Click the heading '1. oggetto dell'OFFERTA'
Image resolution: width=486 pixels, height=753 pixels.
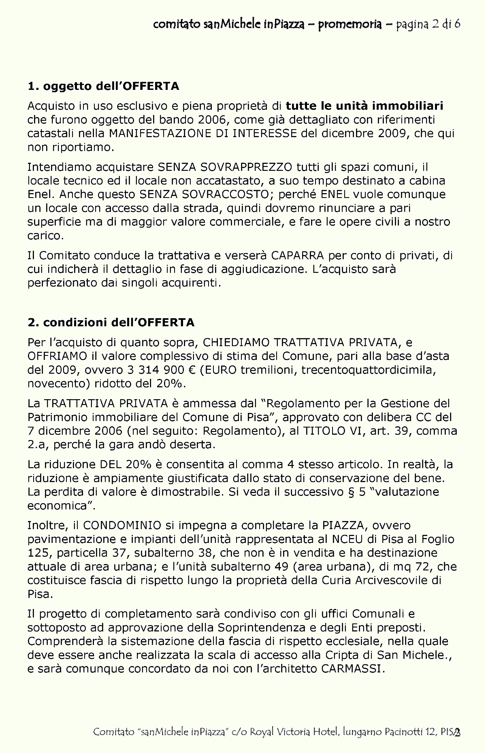(103, 86)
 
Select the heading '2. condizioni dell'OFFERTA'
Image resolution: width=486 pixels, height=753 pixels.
(111, 323)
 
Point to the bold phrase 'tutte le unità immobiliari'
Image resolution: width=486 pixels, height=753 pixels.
(364, 106)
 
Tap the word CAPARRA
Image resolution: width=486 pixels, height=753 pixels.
(298, 256)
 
